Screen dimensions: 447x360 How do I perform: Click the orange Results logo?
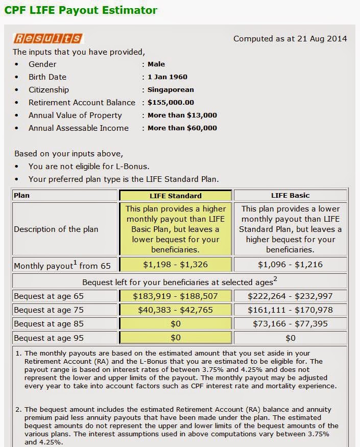pos(47,38)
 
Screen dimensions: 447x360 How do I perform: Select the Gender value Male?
pos(156,64)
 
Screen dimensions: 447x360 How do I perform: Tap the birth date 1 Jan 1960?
pos(167,77)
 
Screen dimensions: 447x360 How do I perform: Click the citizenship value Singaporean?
pos(171,90)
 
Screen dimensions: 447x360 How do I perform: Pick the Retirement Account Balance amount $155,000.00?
pos(171,103)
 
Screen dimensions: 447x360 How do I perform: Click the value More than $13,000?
pos(182,115)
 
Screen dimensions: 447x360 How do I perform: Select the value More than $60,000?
pos(182,128)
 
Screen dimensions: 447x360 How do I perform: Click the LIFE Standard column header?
pos(175,196)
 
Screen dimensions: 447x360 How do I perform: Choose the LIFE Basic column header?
pos(290,196)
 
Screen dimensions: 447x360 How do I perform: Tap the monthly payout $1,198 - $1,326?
pos(175,265)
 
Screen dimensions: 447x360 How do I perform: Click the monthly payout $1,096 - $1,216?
pos(290,265)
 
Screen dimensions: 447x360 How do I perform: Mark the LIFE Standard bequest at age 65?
pos(175,296)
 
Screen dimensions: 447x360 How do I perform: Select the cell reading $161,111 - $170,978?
pos(290,310)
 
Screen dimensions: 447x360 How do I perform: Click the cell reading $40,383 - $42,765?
pos(175,310)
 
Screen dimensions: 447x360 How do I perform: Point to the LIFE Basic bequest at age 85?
pos(290,324)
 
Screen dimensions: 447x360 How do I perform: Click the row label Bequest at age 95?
pos(49,338)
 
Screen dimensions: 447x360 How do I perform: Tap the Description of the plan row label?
pos(56,229)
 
